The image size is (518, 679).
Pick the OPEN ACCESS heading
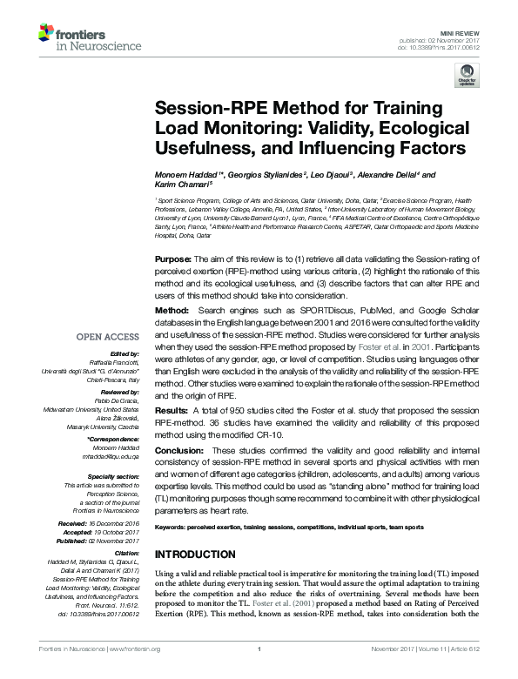point(108,336)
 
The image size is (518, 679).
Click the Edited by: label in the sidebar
point(121,354)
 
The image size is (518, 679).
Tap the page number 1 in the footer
point(259,671)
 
